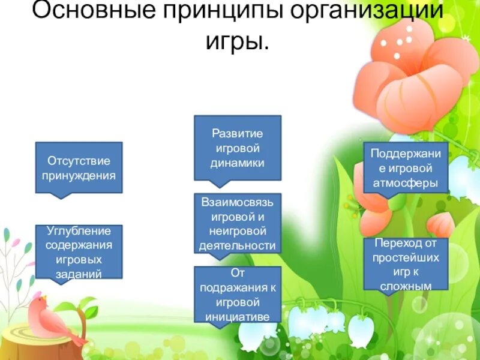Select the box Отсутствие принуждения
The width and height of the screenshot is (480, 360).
click(x=79, y=168)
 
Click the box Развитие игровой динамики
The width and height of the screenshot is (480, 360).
click(x=238, y=148)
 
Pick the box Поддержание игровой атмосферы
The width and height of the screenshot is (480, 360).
click(x=406, y=168)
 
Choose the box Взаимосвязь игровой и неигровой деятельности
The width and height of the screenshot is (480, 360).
click(x=238, y=223)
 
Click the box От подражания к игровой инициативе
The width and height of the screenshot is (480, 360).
click(x=238, y=295)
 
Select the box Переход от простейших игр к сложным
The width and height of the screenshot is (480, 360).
click(x=406, y=264)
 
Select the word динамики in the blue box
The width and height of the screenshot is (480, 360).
click(x=238, y=163)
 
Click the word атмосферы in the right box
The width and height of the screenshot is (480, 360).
click(x=406, y=183)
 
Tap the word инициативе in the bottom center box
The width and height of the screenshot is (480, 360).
click(x=238, y=317)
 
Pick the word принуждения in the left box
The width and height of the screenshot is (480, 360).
click(x=79, y=176)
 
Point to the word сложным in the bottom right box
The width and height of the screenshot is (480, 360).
click(x=406, y=286)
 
